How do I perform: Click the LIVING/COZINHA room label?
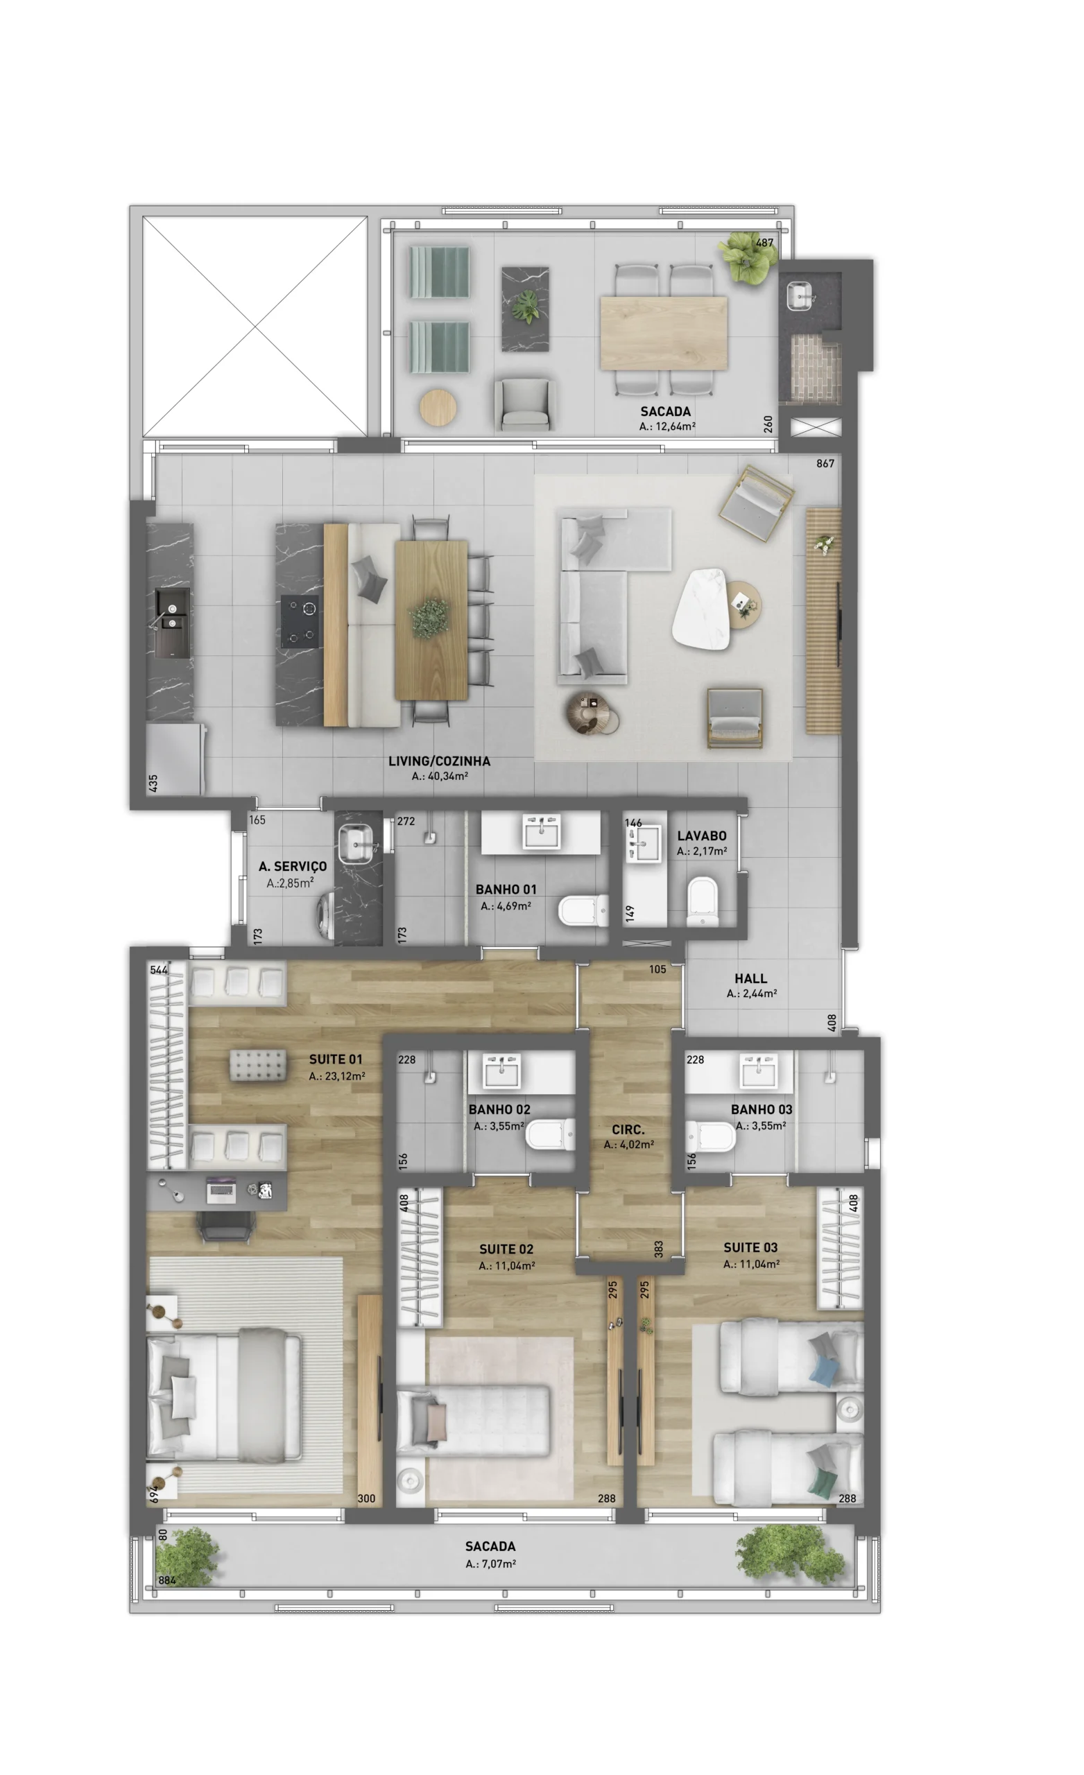pos(439,761)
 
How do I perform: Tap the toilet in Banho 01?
pos(583,909)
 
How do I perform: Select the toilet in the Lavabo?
pos(702,899)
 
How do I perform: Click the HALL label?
pos(750,978)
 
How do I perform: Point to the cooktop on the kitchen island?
pos(300,621)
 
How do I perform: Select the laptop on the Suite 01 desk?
pos(221,1189)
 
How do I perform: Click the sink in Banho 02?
pos(501,1073)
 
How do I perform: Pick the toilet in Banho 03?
pos(709,1136)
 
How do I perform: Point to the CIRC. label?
pos(628,1129)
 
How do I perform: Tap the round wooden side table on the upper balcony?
pos(438,407)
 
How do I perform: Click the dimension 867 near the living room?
pos(825,463)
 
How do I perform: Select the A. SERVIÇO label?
pos(293,866)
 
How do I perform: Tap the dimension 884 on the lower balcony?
pos(167,1579)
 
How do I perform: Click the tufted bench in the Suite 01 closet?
pos(257,1066)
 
